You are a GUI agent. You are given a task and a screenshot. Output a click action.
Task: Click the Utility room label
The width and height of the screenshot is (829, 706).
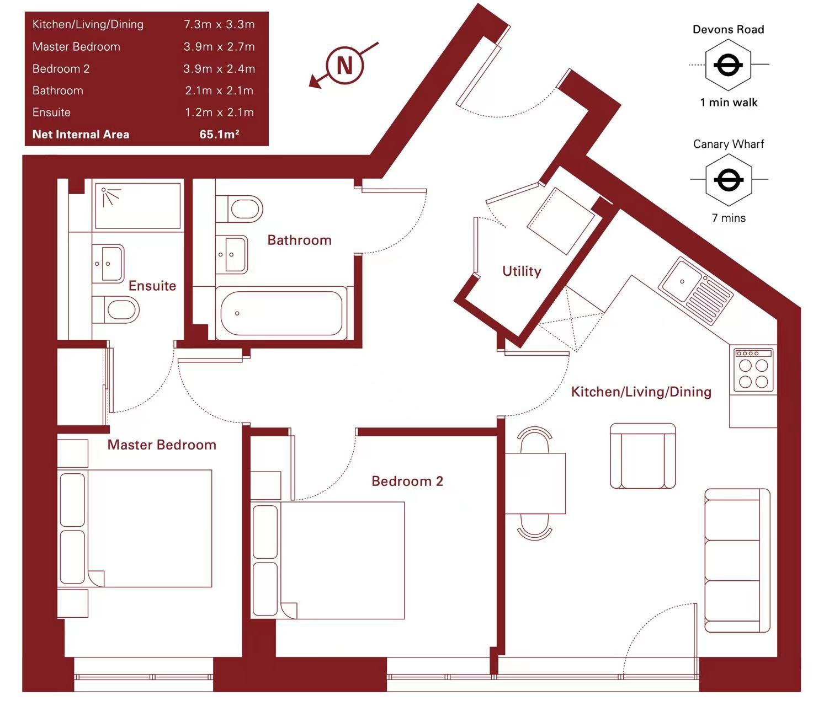click(x=522, y=271)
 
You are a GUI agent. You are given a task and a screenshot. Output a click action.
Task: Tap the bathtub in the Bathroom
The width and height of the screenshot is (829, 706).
click(x=281, y=313)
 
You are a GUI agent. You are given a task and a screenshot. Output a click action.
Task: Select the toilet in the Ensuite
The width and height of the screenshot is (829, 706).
click(x=116, y=309)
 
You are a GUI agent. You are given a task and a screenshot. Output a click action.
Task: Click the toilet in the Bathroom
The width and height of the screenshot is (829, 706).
click(x=240, y=209)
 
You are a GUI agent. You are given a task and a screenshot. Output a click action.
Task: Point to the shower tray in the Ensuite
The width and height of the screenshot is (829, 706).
click(x=137, y=206)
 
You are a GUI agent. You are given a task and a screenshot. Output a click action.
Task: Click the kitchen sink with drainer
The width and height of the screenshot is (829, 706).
click(x=695, y=290)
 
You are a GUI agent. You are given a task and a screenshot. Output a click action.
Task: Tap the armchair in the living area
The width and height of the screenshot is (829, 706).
click(x=642, y=456)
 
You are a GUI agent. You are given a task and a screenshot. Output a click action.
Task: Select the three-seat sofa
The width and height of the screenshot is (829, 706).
click(x=737, y=560)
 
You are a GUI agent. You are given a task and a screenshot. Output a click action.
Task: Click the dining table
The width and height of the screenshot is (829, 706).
click(x=535, y=484)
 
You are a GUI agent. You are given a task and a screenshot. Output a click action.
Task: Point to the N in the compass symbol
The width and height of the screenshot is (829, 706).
click(x=345, y=65)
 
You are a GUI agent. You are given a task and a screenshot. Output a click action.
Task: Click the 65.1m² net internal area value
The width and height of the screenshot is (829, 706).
click(x=219, y=134)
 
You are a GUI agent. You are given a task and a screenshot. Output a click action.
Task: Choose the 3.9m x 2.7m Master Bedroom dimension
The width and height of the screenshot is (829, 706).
click(x=219, y=46)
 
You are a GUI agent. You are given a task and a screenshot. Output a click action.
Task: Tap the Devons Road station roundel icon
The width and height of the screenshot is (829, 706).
click(x=728, y=65)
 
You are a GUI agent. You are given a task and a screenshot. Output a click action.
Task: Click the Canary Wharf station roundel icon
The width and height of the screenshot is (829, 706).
click(x=729, y=180)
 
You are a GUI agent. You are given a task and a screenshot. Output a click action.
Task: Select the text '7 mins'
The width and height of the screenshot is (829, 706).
click(x=729, y=218)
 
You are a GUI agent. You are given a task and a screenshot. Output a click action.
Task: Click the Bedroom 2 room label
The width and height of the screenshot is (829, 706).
click(x=407, y=481)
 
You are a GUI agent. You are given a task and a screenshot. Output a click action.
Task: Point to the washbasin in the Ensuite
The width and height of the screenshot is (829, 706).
click(x=108, y=264)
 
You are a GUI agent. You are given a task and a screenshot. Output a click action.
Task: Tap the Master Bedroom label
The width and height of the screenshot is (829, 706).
click(x=162, y=445)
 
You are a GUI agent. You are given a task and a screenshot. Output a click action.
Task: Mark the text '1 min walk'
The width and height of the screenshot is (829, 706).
click(x=729, y=102)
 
